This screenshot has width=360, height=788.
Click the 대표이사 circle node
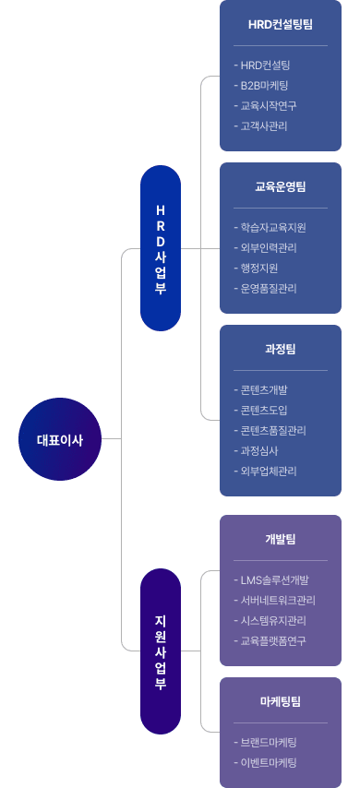coord(59,440)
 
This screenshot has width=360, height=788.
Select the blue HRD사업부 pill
coord(161,248)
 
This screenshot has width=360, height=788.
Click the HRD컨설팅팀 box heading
coord(281,24)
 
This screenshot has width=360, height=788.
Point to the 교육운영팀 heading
coord(281,186)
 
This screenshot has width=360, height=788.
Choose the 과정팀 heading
coord(281,349)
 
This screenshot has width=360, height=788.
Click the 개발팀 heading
coord(281,539)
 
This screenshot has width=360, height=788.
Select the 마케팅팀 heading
coord(281,701)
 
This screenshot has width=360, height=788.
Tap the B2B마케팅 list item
coord(264,85)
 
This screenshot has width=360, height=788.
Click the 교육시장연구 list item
coord(269,105)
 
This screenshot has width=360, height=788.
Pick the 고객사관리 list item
coord(264,125)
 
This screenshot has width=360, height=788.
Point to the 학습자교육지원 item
coord(272,227)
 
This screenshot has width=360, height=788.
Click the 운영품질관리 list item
coord(269,288)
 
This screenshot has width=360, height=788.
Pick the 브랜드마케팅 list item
coord(269,742)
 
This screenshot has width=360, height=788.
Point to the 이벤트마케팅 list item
coord(269,762)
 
